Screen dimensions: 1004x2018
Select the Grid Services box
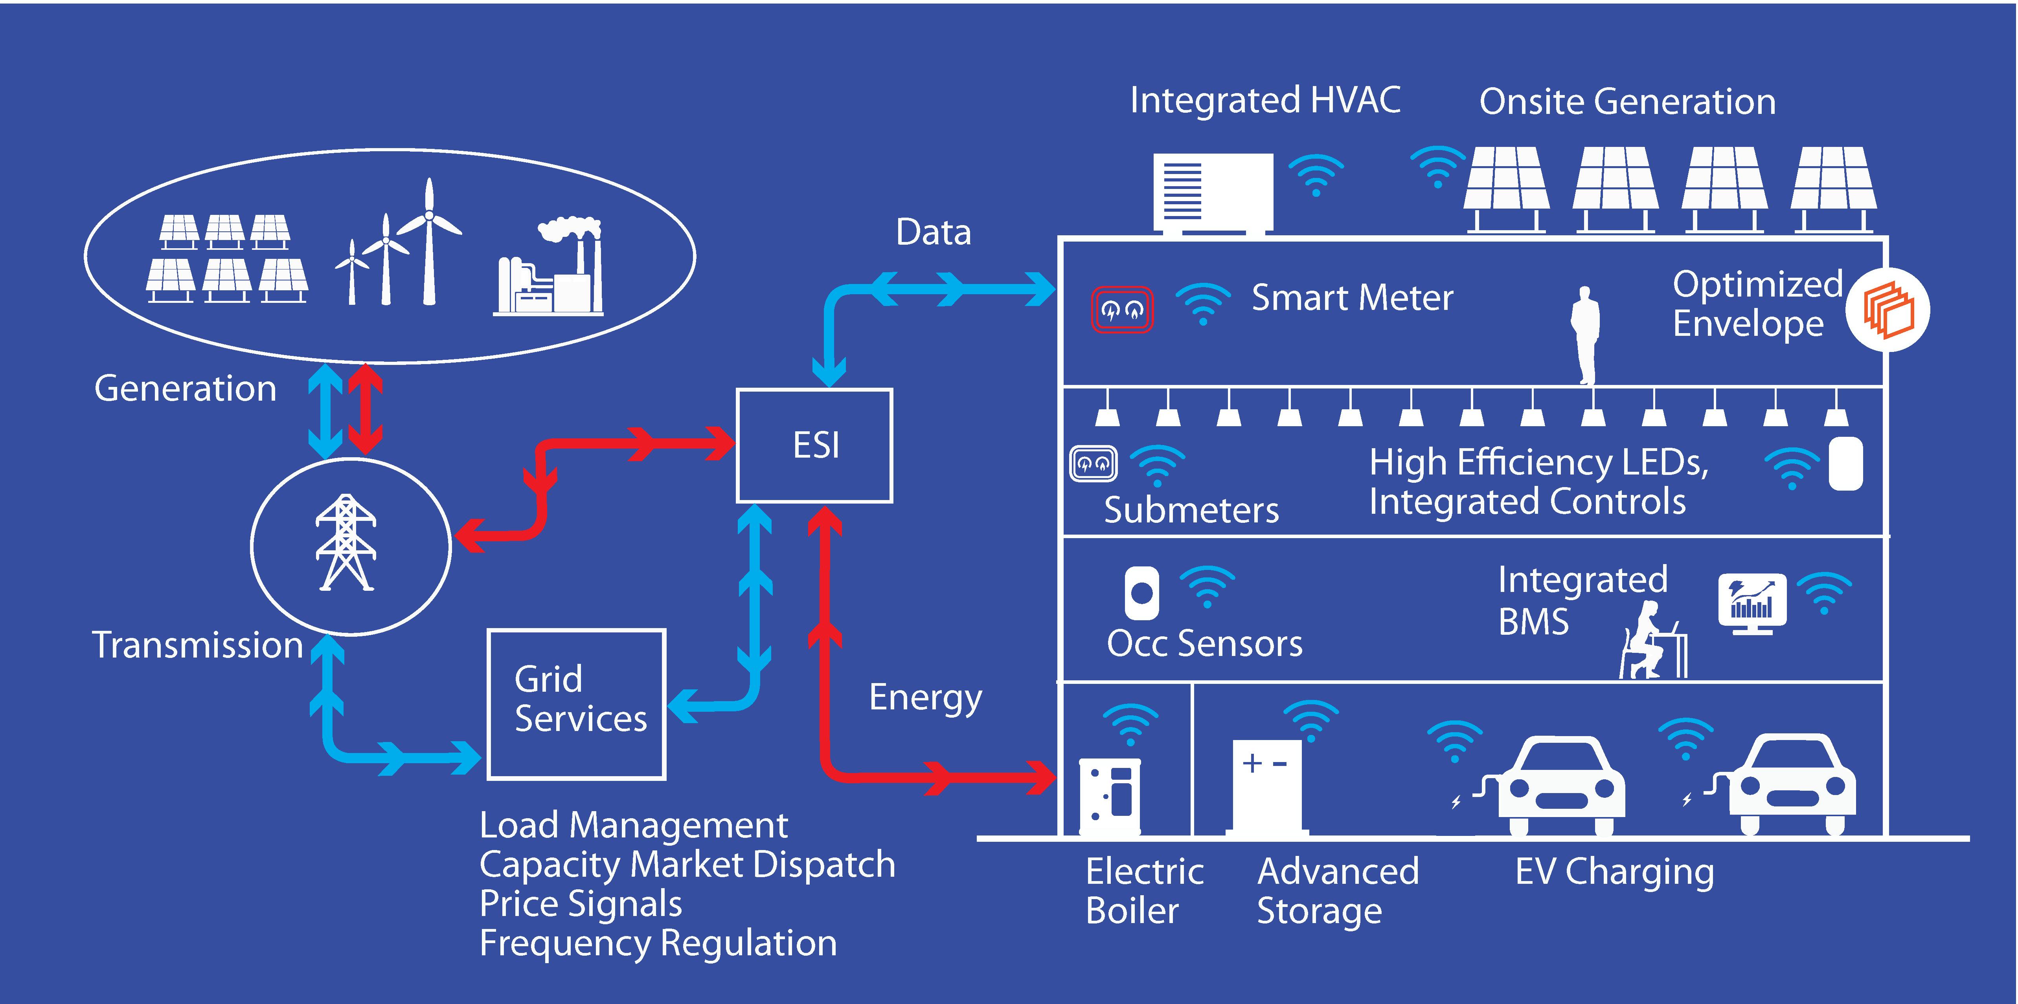pos(577,703)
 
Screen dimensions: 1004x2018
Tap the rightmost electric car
pos(1792,785)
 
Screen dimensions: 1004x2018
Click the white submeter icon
pos(1093,464)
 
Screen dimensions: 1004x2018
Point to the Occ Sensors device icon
pos(1141,593)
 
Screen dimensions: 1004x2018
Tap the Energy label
pos(925,697)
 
